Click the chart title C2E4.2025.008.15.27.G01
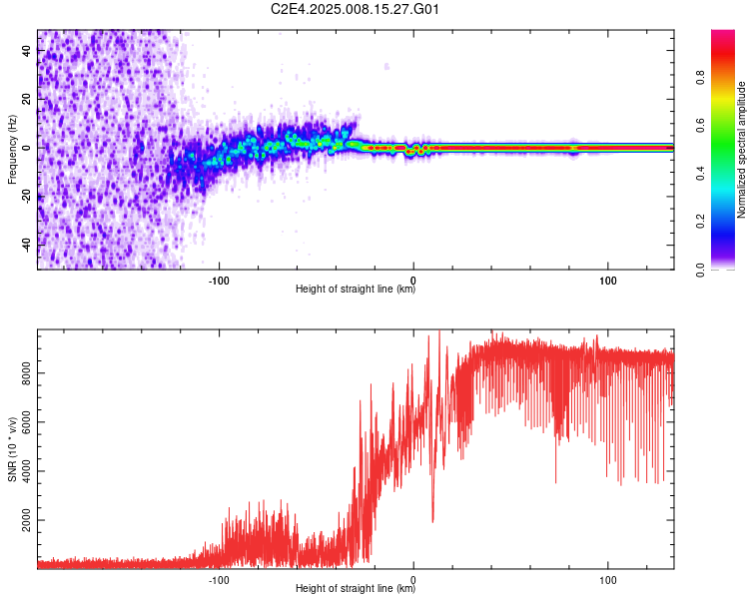pyautogui.click(x=355, y=9)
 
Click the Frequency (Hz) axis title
pyautogui.click(x=12, y=150)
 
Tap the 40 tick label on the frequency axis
pyautogui.click(x=26, y=50)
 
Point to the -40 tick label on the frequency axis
pyautogui.click(x=26, y=244)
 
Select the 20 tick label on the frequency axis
pyautogui.click(x=26, y=99)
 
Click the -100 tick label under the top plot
pyautogui.click(x=219, y=281)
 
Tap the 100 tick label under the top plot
pyautogui.click(x=607, y=281)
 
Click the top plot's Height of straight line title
pyautogui.click(x=356, y=289)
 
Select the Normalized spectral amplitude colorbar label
pyautogui.click(x=741, y=150)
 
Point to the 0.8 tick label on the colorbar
pyautogui.click(x=700, y=77)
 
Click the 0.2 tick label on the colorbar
pyautogui.click(x=700, y=222)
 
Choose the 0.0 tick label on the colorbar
pyautogui.click(x=700, y=270)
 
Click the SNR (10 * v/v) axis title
pyautogui.click(x=12, y=449)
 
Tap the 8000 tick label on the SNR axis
pyautogui.click(x=26, y=373)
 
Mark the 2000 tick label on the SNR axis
pyautogui.click(x=26, y=520)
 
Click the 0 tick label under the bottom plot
pyautogui.click(x=413, y=580)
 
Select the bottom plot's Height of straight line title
pyautogui.click(x=356, y=588)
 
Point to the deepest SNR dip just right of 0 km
pyautogui.click(x=432, y=521)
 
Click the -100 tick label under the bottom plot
pyautogui.click(x=219, y=580)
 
